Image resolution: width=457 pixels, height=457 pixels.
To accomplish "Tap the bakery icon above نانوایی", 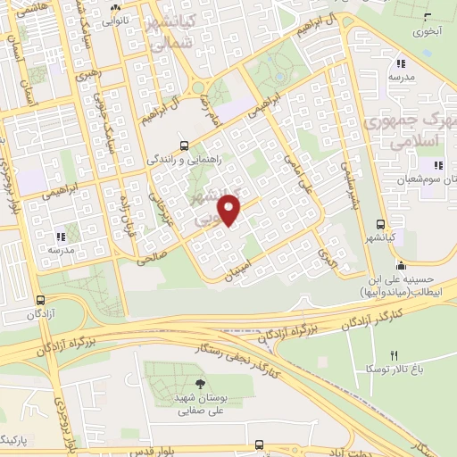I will tap(113, 4).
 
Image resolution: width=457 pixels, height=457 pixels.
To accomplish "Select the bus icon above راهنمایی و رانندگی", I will tap(184, 145).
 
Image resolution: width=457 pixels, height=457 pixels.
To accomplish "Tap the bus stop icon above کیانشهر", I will tap(381, 224).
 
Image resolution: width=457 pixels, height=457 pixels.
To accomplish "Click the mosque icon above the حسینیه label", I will tap(401, 264).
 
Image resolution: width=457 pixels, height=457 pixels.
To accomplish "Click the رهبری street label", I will tap(89, 74).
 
